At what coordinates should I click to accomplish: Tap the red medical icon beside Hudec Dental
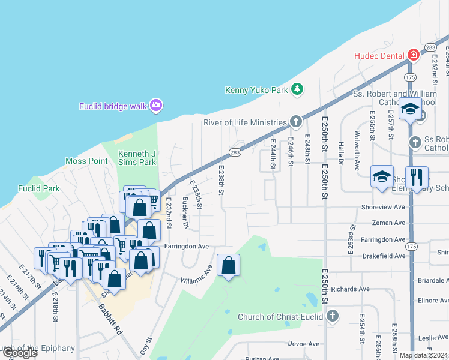pos(412,55)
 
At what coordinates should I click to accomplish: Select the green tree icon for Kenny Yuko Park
pos(296,90)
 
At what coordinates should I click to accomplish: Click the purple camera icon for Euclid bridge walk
pos(155,106)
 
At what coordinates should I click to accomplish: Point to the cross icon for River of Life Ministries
pos(295,122)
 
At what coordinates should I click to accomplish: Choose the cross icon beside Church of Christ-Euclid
pos(332,316)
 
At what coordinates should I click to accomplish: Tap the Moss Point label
pos(86,161)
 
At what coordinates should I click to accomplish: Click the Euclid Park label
pos(38,188)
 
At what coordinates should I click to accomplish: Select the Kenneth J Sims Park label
pos(137,158)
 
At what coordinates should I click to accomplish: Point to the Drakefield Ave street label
pos(384,256)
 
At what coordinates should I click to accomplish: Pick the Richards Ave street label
pos(350,289)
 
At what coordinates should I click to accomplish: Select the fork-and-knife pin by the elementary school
pos(417,177)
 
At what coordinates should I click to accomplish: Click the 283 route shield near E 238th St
pos(235,154)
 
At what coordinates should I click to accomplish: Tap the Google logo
pos(20,353)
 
